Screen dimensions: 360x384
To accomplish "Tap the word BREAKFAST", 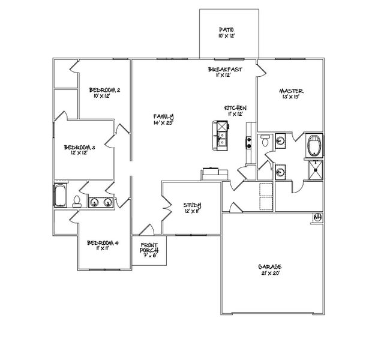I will [225, 70].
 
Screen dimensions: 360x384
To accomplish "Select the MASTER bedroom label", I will [292, 91].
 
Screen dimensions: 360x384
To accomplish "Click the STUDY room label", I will [193, 205].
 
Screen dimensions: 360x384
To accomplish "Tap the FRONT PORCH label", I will [149, 248].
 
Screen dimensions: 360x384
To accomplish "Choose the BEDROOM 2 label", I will [106, 90].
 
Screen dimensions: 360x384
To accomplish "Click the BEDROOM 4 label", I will [103, 243].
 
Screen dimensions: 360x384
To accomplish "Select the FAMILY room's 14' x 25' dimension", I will [163, 122].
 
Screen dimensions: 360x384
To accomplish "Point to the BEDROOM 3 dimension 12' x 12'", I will [80, 153].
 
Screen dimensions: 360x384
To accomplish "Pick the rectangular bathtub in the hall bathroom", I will [61, 196].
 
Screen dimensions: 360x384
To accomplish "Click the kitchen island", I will [220, 135].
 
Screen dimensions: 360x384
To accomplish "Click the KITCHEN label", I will [235, 108].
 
